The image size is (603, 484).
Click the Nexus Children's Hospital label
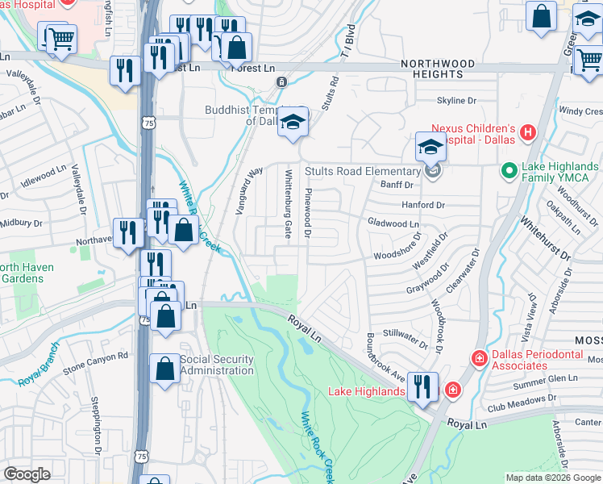point(472,136)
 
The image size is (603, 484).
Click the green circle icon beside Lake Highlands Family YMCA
point(509,170)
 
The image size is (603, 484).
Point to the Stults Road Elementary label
point(363,171)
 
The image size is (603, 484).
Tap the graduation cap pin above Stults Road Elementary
point(430,148)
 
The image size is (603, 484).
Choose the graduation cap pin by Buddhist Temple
point(293,122)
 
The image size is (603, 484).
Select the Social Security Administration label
point(217,365)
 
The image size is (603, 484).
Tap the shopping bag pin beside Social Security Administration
point(165,369)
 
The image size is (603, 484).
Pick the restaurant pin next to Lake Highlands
point(422,386)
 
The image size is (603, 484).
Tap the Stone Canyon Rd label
point(96,355)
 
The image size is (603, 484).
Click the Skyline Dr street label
point(456,101)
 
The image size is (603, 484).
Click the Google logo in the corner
point(27,474)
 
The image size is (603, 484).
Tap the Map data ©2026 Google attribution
point(552,478)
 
